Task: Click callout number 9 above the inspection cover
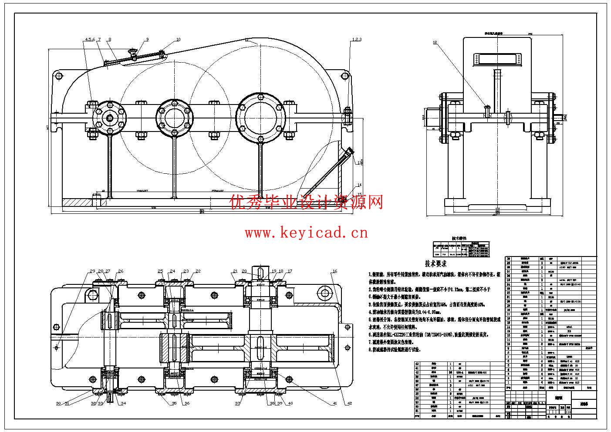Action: pos(147,40)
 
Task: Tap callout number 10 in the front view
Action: pos(178,40)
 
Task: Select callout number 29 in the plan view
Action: pos(92,271)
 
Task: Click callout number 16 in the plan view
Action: pos(334,271)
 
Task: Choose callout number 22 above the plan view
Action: pos(198,271)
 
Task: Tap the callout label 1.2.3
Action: pos(356,40)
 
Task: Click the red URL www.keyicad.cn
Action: pos(306,233)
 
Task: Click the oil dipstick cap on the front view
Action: pos(348,152)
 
